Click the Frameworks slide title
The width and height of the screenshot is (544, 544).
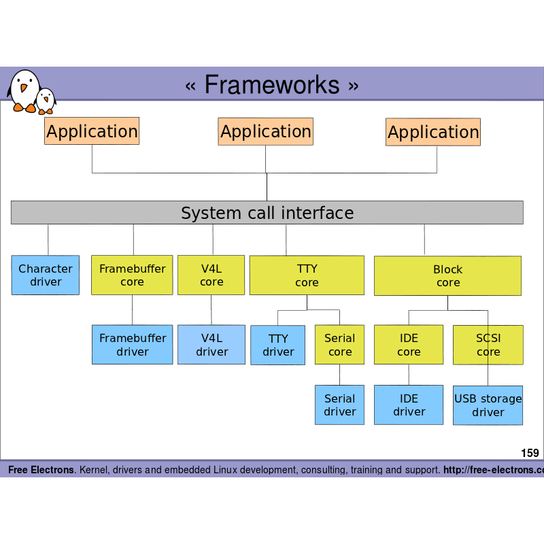click(x=271, y=85)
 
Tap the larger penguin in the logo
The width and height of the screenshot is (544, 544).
click(x=24, y=90)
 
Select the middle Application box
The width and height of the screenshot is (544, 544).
click(x=265, y=131)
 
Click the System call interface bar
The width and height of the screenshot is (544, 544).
click(x=267, y=213)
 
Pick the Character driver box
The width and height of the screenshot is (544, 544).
click(x=46, y=275)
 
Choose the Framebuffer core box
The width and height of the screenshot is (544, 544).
click(x=132, y=275)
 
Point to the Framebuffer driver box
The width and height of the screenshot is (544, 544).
click(x=132, y=345)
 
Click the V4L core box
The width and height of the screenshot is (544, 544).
click(x=211, y=275)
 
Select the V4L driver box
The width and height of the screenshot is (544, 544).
click(x=211, y=345)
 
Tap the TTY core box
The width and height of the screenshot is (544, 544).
click(x=307, y=275)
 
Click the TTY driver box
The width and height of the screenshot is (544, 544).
click(x=278, y=345)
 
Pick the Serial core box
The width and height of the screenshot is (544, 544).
click(x=339, y=345)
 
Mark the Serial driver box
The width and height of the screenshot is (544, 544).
click(x=339, y=405)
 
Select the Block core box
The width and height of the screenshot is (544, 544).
click(x=447, y=276)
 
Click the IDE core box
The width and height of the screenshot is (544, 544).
click(x=409, y=345)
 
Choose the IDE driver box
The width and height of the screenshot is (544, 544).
click(x=409, y=405)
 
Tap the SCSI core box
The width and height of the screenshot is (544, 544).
click(x=488, y=345)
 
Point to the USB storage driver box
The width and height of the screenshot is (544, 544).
click(x=488, y=405)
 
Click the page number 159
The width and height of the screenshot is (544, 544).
click(x=530, y=453)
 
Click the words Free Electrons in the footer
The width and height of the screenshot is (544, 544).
click(x=41, y=470)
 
